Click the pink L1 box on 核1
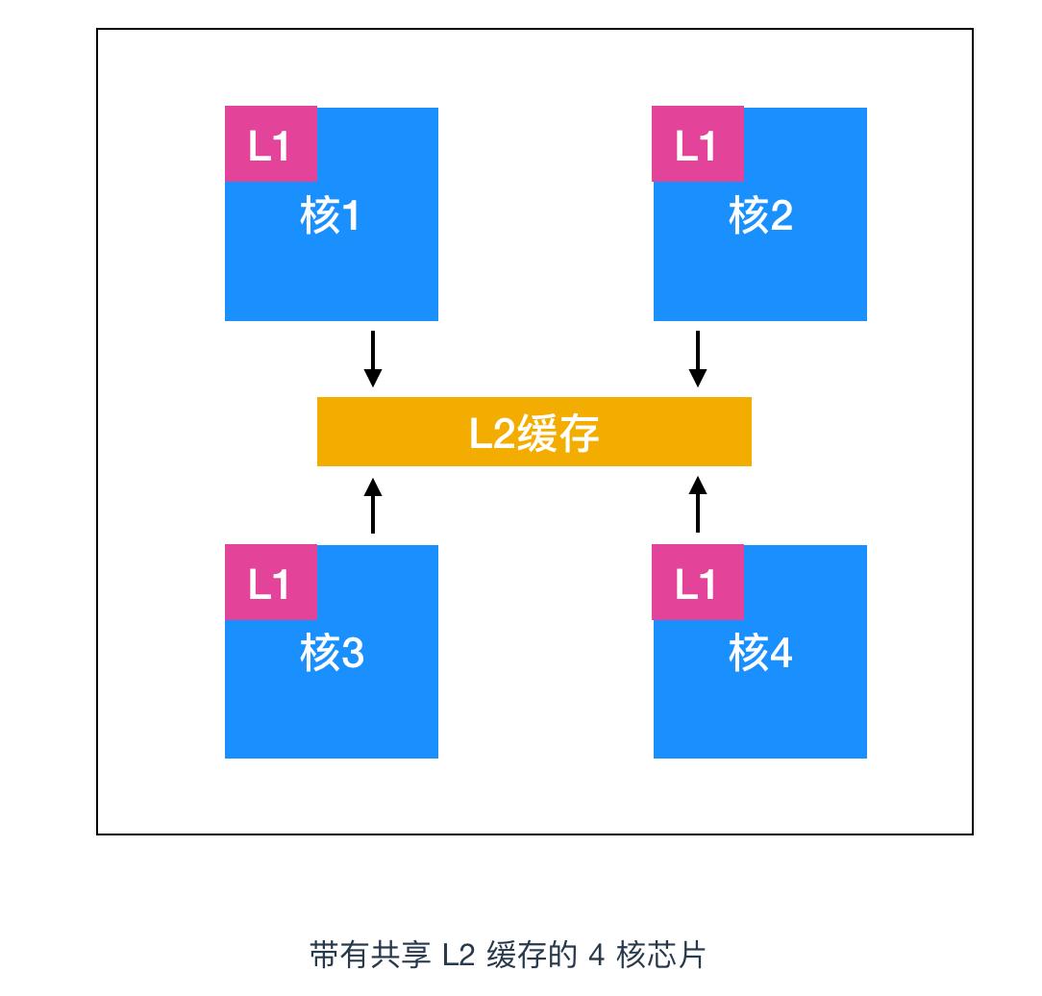tap(270, 144)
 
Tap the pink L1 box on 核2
tap(698, 144)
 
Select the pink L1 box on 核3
tap(270, 582)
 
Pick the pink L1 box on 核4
tap(698, 582)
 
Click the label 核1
tap(330, 216)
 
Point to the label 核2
tap(759, 216)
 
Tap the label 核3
tap(330, 655)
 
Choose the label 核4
tap(759, 655)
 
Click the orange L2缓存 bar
tap(533, 433)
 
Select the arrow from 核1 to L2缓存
tap(373, 360)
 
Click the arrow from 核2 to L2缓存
tap(699, 360)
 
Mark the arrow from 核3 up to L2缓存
tap(373, 504)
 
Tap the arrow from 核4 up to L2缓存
tap(699, 504)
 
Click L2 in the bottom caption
tap(459, 956)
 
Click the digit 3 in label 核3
tap(352, 656)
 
